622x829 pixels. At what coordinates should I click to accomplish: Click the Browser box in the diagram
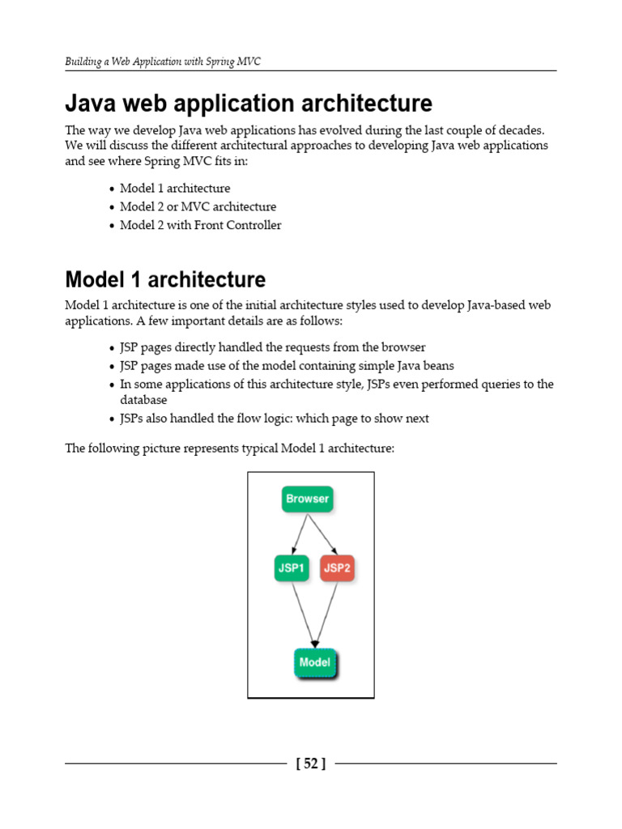tap(308, 499)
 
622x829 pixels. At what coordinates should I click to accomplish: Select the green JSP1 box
tap(292, 568)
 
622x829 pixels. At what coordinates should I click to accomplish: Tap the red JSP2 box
tap(337, 568)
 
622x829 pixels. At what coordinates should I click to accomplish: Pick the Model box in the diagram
tap(315, 662)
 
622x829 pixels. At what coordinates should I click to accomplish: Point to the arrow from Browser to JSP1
tap(297, 534)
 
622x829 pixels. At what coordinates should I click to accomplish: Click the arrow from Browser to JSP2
tap(322, 534)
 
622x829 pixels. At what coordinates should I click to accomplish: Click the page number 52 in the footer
tap(311, 763)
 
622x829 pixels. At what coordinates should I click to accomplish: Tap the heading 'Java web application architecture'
tap(249, 104)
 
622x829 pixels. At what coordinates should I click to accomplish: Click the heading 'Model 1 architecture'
tap(165, 279)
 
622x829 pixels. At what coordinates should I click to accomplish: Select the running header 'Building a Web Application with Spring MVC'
tap(163, 62)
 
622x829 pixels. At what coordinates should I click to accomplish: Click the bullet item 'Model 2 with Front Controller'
tap(200, 225)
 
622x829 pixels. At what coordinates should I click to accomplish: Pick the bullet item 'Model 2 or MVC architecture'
tap(198, 206)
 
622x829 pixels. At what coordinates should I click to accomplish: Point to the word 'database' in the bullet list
tap(143, 400)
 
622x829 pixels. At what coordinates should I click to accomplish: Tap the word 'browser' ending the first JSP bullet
tap(404, 347)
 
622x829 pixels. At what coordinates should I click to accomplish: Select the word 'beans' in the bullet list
tap(438, 366)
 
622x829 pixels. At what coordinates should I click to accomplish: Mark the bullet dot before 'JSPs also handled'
tap(111, 419)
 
